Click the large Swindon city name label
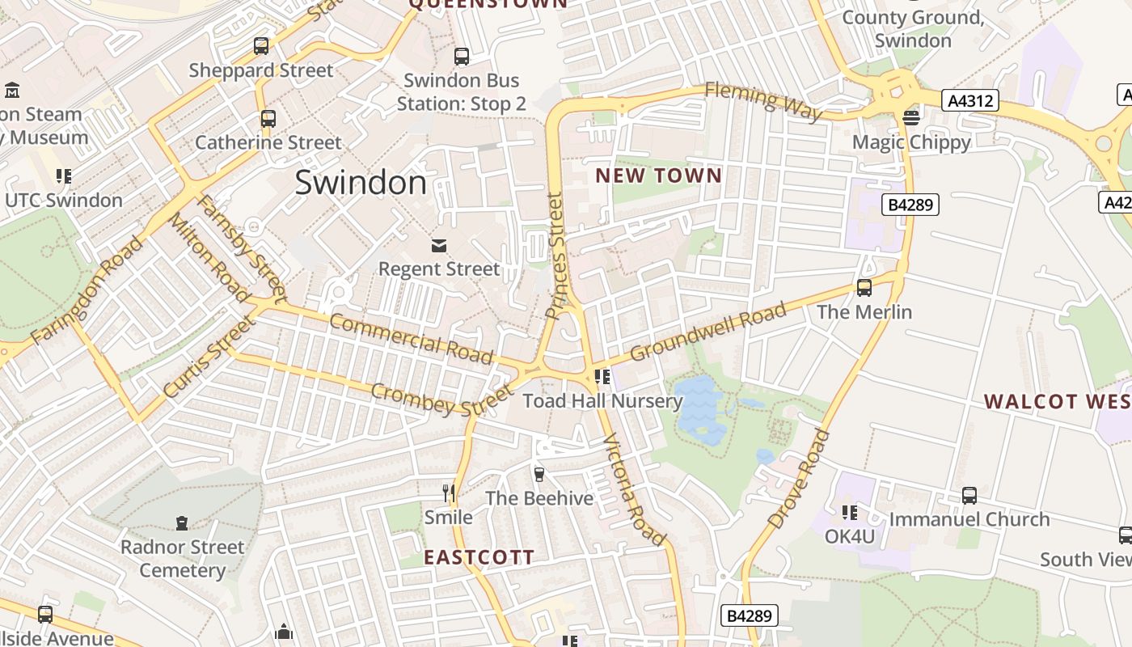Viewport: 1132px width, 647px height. click(361, 183)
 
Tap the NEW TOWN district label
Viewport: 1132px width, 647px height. click(658, 175)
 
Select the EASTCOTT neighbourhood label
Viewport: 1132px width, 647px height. click(479, 557)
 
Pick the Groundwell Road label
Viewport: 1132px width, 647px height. click(707, 332)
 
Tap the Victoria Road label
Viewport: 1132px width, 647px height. click(635, 490)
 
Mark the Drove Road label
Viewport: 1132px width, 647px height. click(800, 480)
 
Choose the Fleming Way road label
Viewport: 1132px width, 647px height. click(763, 101)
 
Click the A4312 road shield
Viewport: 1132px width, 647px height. click(970, 101)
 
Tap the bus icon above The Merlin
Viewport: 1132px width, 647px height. click(864, 288)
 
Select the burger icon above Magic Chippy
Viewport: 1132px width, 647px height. click(911, 118)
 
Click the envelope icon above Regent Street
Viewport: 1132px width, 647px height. click(439, 245)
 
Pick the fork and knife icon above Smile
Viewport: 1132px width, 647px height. click(449, 493)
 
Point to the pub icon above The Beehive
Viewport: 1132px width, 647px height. click(539, 474)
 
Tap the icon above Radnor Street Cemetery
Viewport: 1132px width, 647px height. click(182, 523)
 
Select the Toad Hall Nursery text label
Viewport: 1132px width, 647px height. click(602, 401)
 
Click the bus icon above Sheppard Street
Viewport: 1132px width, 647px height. click(261, 46)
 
